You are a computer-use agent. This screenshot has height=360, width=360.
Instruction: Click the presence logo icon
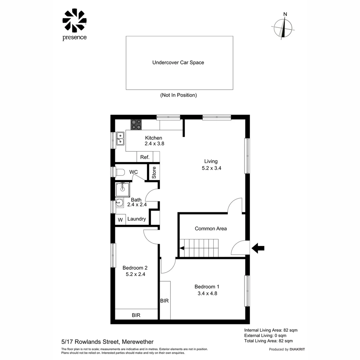point(74,21)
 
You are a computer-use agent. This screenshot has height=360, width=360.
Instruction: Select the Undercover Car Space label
point(178,62)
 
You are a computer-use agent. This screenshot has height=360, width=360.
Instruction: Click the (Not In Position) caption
point(178,95)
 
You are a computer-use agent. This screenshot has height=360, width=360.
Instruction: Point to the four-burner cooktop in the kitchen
point(136,124)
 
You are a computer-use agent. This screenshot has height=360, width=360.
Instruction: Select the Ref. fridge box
point(145,157)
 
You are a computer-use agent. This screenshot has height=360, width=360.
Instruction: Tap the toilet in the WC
point(119,172)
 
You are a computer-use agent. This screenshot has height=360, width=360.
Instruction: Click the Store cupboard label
point(154,173)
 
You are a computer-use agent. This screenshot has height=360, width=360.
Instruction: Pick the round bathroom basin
point(119,202)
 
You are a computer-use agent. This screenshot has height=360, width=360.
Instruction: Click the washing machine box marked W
point(120,220)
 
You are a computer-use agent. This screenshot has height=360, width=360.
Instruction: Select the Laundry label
point(136,219)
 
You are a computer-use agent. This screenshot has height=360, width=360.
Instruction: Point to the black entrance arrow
point(258,248)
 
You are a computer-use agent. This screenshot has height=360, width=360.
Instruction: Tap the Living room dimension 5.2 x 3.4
point(211,168)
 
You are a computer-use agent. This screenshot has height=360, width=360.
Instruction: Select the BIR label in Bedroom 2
point(136,315)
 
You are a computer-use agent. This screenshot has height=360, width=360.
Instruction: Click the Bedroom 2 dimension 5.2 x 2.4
point(135,275)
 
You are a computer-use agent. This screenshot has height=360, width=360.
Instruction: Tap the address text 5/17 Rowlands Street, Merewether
point(107,342)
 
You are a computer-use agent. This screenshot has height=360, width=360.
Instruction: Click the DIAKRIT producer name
point(297,349)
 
